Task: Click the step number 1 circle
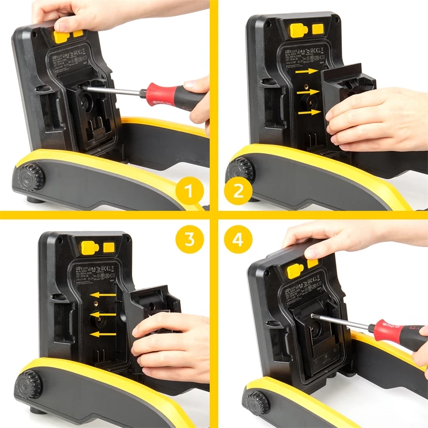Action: click(x=188, y=190)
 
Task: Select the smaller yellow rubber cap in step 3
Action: click(x=109, y=247)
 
